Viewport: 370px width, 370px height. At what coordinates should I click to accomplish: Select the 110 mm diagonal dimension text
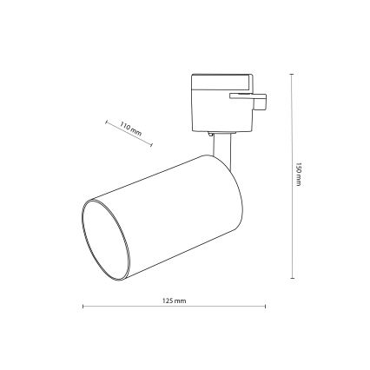point(131,130)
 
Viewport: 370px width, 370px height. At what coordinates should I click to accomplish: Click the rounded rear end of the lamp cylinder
point(228,187)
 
